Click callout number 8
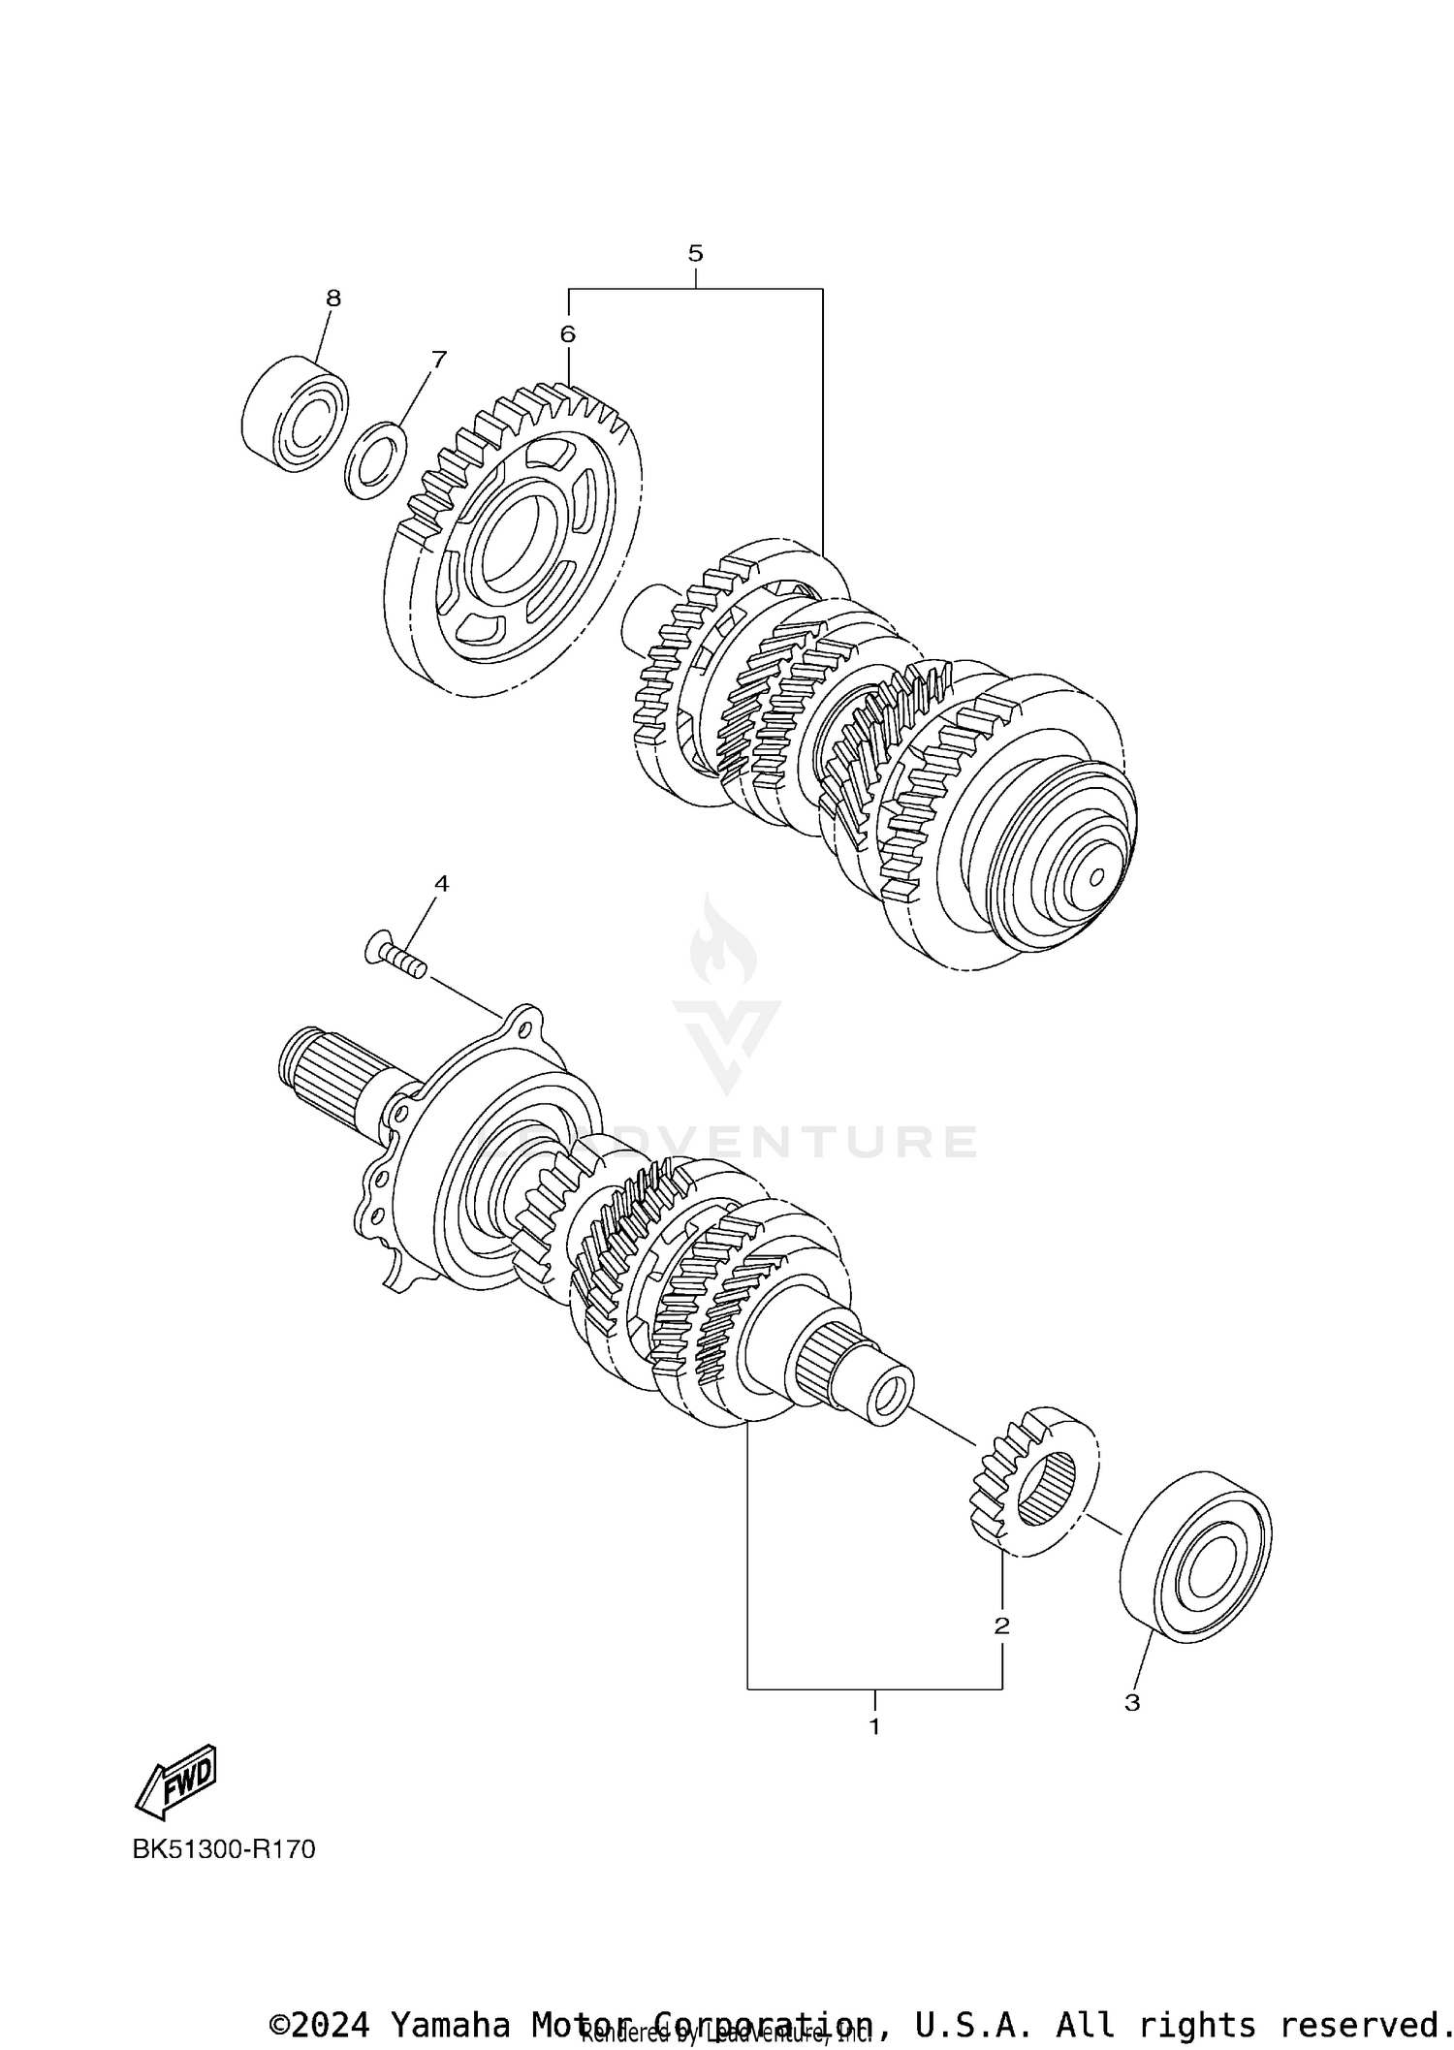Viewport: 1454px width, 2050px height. (333, 299)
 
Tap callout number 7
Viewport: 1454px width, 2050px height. (439, 360)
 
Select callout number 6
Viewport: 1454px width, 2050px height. (567, 334)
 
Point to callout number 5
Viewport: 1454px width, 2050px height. (695, 254)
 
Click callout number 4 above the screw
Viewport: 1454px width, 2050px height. (441, 883)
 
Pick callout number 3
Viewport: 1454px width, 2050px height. (1132, 1702)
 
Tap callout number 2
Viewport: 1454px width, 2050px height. (1001, 1625)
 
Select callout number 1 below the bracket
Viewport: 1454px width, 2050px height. (874, 1726)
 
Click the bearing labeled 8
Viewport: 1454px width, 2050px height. (295, 415)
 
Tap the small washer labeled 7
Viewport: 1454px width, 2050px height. (376, 459)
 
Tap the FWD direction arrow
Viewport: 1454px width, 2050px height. (177, 1782)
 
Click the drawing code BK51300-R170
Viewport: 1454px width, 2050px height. (224, 1849)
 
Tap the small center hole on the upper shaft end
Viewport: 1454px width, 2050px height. (1096, 877)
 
